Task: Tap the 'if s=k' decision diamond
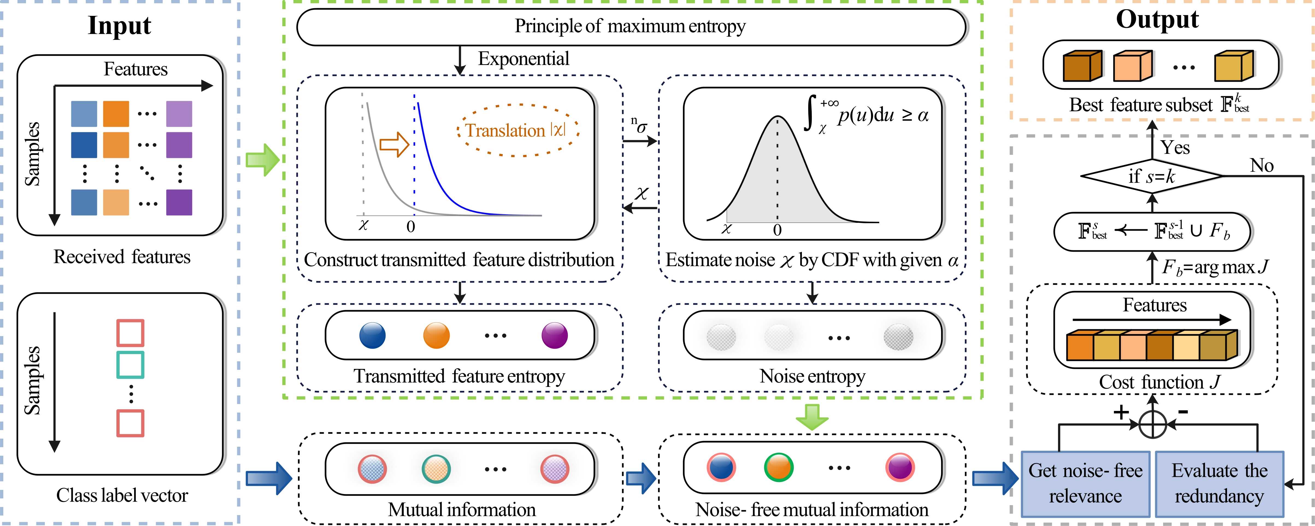pos(1152,176)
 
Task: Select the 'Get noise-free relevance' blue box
pos(1085,483)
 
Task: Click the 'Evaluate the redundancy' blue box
pos(1219,483)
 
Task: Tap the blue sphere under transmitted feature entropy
pos(373,336)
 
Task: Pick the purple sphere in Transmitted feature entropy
pos(554,336)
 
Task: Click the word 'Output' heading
pos(1157,19)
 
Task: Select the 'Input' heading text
pos(119,25)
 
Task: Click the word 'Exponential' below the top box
pos(523,59)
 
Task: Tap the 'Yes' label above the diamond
pos(1175,148)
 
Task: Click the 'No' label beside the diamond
pos(1261,166)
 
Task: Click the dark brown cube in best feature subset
pos(1082,66)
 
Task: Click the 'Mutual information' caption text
pos(461,510)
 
